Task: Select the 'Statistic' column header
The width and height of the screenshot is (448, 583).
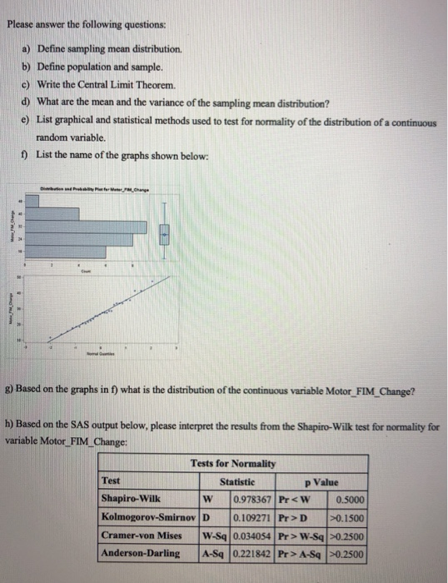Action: pos(236,481)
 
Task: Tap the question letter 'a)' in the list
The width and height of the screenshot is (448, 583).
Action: pos(26,51)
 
